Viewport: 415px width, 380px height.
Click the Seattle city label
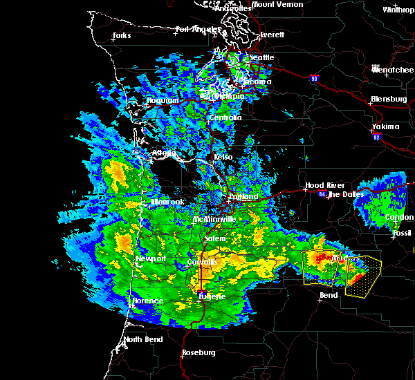tap(261, 57)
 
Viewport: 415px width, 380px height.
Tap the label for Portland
tap(243, 196)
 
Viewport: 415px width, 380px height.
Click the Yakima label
tap(385, 126)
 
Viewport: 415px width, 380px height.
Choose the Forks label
tap(122, 35)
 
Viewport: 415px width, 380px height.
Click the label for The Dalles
tap(343, 194)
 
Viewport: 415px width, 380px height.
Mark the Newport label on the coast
tap(151, 258)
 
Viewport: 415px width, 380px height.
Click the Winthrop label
tap(398, 10)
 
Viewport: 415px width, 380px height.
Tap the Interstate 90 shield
tap(315, 79)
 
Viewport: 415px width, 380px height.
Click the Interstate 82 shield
tap(377, 137)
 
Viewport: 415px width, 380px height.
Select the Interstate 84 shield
tap(322, 194)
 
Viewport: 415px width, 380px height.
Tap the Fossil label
tap(401, 233)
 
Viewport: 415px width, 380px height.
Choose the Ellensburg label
tap(388, 99)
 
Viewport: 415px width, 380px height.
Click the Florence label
tap(148, 301)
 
